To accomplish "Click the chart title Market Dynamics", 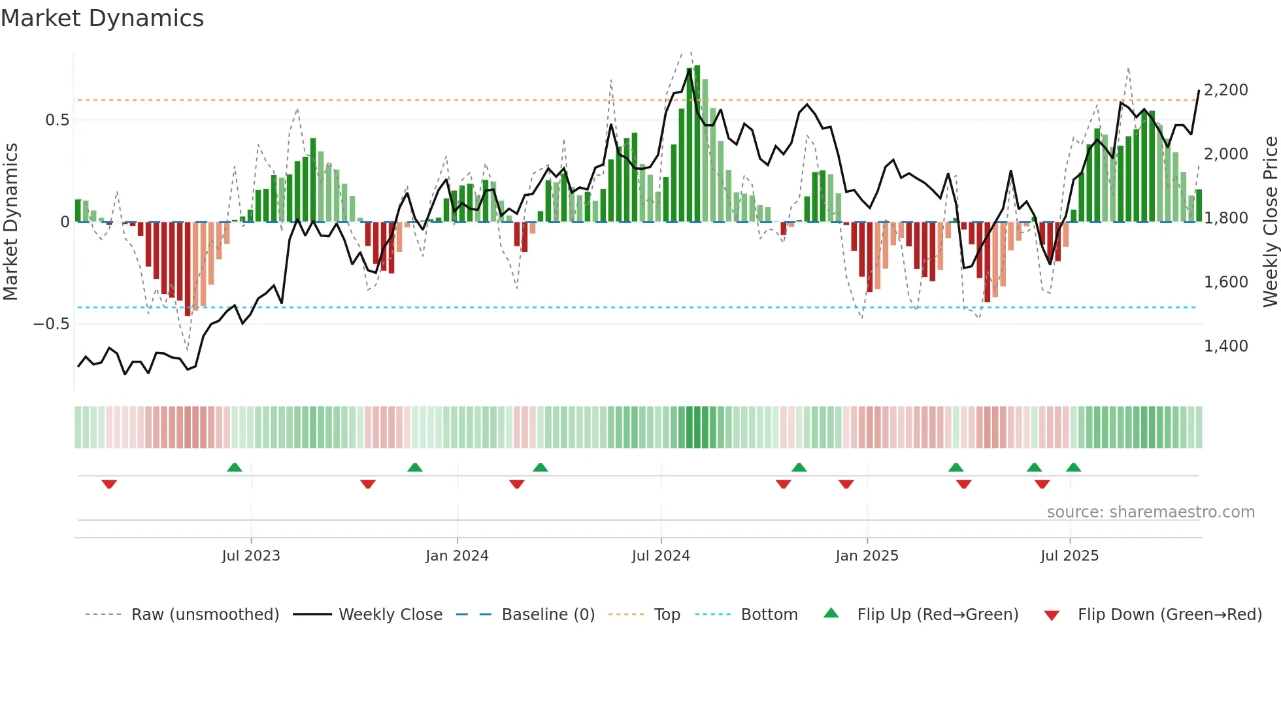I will coord(102,18).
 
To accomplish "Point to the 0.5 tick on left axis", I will coord(57,120).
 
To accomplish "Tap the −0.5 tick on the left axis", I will coord(51,324).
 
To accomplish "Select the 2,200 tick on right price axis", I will coord(1225,90).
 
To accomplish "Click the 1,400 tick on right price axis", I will coord(1225,346).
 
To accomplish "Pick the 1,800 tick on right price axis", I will coord(1225,218).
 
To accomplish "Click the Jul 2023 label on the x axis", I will coord(251,556).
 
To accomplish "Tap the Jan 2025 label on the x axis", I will coord(867,556).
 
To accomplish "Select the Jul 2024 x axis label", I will coord(661,556).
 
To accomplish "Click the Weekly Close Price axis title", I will coord(1270,221).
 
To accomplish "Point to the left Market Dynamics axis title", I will coord(10,221).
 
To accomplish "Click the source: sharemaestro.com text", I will coord(1150,512).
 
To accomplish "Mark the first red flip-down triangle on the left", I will coord(109,484).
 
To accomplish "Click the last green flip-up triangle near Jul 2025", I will coord(1073,467).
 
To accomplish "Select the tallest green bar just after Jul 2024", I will coord(697,144).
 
